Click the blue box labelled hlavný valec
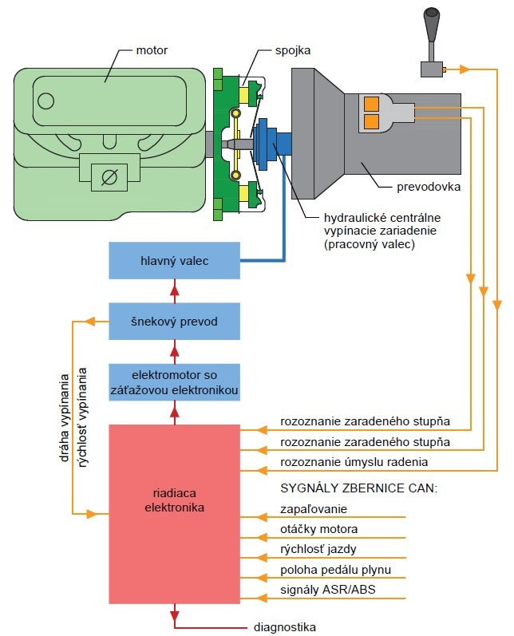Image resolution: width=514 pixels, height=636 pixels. point(174,260)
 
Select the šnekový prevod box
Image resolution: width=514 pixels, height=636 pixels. point(174,322)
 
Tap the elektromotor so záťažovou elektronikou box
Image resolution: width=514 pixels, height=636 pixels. point(174,381)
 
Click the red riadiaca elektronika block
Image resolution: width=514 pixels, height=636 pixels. point(174,514)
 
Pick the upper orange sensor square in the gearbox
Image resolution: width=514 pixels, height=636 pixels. point(371,104)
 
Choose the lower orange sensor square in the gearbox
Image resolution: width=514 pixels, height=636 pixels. point(371,121)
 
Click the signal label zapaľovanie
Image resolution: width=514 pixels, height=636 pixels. point(314,508)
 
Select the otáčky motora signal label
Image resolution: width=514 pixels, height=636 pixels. point(319,529)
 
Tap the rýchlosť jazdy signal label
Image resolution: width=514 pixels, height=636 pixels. point(318,549)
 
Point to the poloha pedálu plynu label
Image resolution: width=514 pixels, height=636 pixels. point(335,570)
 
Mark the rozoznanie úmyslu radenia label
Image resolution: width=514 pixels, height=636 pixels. point(354,461)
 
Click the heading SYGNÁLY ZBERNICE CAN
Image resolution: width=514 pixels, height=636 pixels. point(359,487)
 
